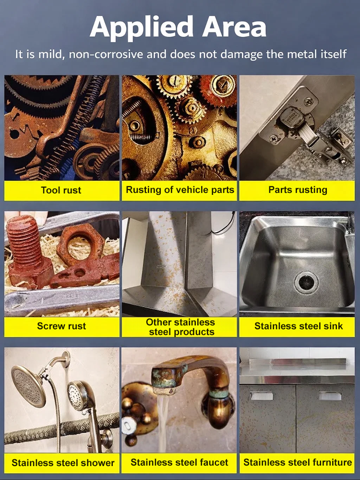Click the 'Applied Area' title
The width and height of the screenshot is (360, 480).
tap(178, 27)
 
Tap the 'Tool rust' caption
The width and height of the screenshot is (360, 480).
tap(61, 190)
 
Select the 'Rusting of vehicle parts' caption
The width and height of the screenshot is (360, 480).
tap(180, 190)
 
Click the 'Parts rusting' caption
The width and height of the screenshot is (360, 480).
tap(298, 190)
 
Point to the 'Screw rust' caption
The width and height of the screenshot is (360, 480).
tap(61, 326)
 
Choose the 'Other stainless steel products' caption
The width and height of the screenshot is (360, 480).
tap(180, 327)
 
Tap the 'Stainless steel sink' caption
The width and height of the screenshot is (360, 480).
tap(298, 326)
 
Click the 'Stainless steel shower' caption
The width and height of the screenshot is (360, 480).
tap(63, 463)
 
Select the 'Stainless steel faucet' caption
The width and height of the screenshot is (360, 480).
tap(180, 463)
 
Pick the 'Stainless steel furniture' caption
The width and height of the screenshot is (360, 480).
tap(298, 463)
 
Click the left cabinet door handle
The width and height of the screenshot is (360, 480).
tap(262, 396)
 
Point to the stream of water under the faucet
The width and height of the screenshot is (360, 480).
tap(163, 422)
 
